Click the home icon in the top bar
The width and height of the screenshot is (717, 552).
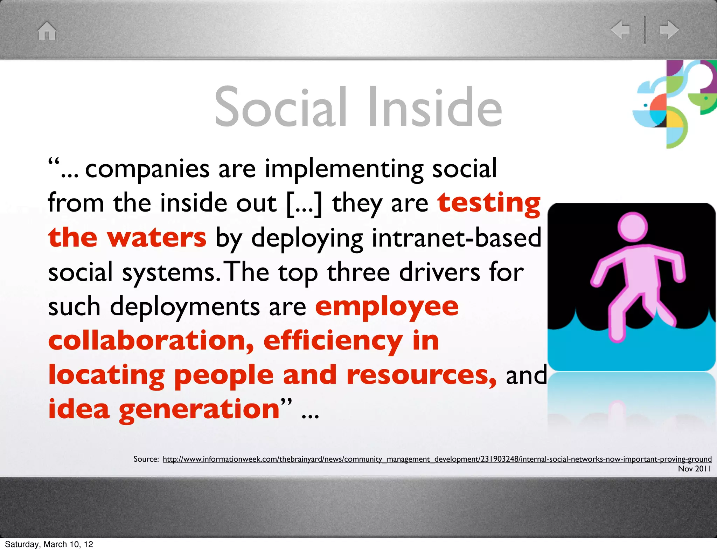click(x=47, y=31)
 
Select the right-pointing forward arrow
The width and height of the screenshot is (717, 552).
click(x=669, y=29)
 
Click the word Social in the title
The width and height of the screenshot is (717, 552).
click(x=280, y=107)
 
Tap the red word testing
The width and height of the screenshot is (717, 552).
click(x=489, y=203)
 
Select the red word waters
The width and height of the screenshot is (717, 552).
click(x=157, y=237)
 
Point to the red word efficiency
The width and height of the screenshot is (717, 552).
click(x=333, y=341)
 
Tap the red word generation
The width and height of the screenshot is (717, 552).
click(x=199, y=409)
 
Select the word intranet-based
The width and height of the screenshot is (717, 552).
click(x=456, y=237)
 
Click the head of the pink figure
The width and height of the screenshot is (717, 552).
click(x=632, y=227)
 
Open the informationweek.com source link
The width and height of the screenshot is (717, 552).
click(x=437, y=459)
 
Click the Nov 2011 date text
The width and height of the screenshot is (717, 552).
click(x=694, y=469)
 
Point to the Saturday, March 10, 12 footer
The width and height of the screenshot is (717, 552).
click(x=49, y=544)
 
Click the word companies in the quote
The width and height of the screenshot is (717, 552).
click(x=147, y=169)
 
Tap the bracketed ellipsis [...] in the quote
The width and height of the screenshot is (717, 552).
click(x=304, y=203)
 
